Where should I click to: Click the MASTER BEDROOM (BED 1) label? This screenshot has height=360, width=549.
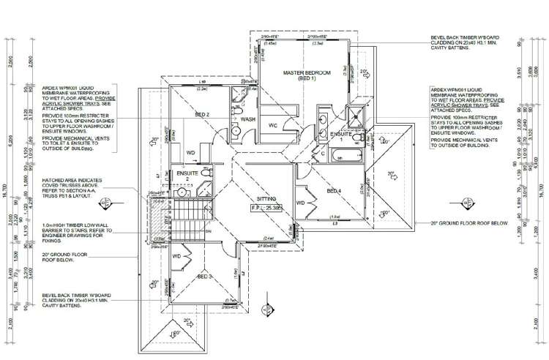coord(308,75)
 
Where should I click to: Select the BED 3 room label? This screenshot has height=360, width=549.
coord(205,277)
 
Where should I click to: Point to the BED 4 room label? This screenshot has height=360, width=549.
coord(334,191)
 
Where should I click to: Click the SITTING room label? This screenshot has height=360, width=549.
coord(265,198)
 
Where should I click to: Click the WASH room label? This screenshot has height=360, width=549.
coord(248,119)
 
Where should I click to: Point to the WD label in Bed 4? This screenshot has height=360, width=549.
coord(299,203)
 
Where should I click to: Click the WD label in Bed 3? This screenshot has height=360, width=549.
coord(176,257)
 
